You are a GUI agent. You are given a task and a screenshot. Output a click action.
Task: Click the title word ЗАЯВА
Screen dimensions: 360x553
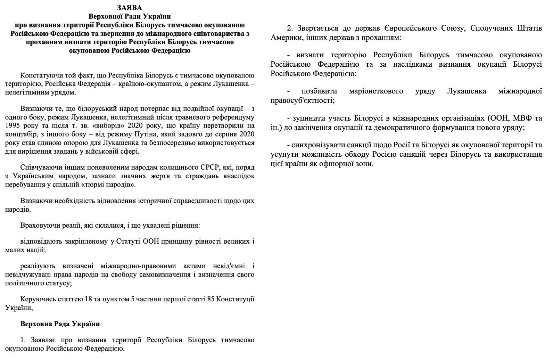tap(130, 7)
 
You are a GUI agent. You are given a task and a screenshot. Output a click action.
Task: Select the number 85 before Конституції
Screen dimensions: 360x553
tap(209, 299)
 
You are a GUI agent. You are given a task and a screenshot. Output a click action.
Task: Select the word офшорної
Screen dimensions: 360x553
tap(342, 163)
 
